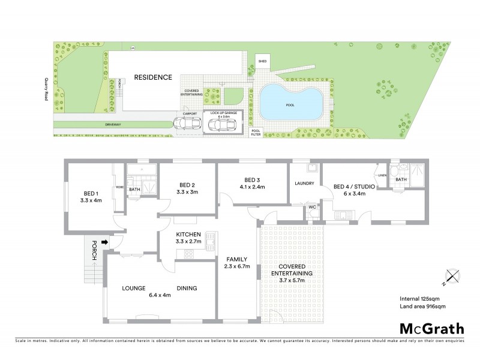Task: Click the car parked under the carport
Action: (x=187, y=124)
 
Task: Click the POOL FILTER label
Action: (x=256, y=132)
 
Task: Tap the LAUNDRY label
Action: (x=305, y=183)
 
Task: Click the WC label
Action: (x=311, y=207)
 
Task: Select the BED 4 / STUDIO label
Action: (x=354, y=190)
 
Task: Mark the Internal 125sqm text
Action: (x=421, y=298)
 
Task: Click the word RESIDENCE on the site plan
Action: (x=153, y=77)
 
